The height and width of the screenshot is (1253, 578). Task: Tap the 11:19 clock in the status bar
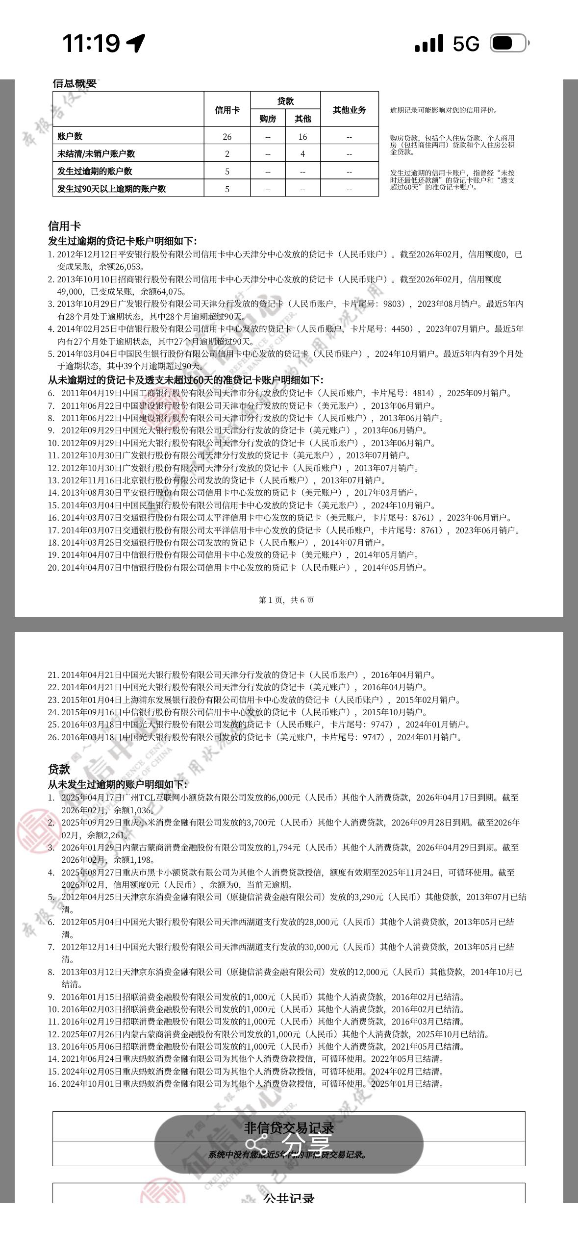91,43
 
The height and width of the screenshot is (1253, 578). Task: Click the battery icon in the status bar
509,44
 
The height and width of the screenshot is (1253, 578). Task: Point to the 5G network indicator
466,44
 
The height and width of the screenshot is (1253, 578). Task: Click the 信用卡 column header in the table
227,110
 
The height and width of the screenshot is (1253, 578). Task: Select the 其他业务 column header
349,110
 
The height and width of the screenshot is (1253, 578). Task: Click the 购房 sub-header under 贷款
268,119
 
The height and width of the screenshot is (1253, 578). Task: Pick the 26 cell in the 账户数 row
227,136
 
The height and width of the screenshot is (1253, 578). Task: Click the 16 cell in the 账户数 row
302,136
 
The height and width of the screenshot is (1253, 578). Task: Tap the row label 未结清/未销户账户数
96,153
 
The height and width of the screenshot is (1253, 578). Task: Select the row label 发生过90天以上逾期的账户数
112,189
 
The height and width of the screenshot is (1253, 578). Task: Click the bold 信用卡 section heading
64,226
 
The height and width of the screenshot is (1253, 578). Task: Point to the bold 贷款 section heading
59,769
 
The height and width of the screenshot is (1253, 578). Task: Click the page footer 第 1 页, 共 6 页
286,600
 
